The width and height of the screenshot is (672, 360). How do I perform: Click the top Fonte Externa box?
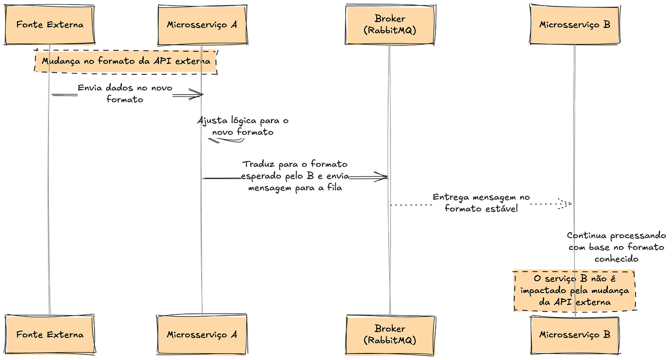tap(49, 25)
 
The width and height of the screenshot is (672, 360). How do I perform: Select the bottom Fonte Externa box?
tap(49, 334)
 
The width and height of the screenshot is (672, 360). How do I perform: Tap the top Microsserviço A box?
tap(202, 25)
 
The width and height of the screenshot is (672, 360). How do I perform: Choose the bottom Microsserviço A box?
tap(202, 334)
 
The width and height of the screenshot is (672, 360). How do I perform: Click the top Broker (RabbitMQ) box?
tap(390, 25)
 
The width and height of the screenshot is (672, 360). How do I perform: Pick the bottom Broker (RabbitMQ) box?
tap(390, 334)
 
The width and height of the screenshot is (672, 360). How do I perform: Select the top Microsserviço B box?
tap(575, 25)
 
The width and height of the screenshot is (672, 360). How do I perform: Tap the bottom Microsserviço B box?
tap(575, 334)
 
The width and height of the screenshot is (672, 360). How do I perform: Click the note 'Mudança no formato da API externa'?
tap(126, 61)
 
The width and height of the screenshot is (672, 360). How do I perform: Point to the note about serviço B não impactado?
tap(575, 291)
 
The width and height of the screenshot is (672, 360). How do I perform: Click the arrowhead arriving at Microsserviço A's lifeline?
tap(199, 95)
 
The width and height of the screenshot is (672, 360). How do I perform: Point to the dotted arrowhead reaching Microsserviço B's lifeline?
tap(568, 203)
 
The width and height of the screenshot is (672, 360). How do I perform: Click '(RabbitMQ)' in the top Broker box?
tap(390, 30)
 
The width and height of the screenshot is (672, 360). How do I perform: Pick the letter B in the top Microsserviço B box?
tap(606, 25)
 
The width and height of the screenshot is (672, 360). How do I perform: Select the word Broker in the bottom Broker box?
tap(390, 329)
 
